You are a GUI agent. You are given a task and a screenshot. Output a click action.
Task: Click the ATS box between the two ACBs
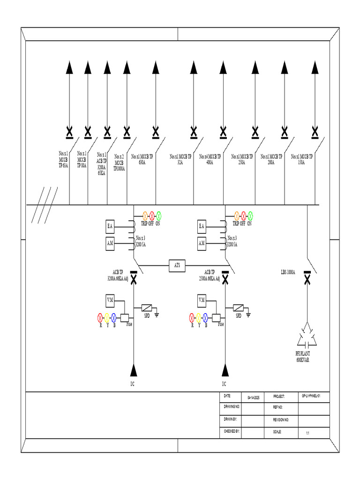pyautogui.click(x=177, y=266)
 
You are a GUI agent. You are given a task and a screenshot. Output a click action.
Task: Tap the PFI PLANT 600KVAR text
pyautogui.click(x=302, y=356)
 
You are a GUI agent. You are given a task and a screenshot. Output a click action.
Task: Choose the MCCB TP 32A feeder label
pyautogui.click(x=181, y=159)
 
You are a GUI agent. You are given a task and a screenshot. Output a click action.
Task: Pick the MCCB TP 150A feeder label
pyautogui.click(x=301, y=159)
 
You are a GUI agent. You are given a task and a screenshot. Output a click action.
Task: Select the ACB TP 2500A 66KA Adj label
pyautogui.click(x=210, y=275)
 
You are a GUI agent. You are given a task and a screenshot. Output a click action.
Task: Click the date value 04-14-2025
pyautogui.click(x=253, y=397)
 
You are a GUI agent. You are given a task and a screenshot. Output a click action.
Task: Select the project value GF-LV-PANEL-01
pyautogui.click(x=311, y=396)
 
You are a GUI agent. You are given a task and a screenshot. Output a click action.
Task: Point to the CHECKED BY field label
pyautogui.click(x=232, y=430)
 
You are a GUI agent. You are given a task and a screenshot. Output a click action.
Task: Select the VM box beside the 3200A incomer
pyautogui.click(x=110, y=300)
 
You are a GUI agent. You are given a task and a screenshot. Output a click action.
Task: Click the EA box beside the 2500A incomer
pyautogui.click(x=202, y=227)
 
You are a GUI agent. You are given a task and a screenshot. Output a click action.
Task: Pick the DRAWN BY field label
pyautogui.click(x=230, y=419)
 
